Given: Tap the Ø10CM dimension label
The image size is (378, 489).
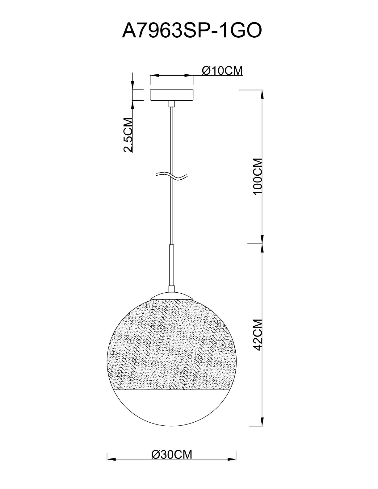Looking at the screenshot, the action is (222, 71).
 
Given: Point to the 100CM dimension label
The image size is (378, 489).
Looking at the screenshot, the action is (258, 177).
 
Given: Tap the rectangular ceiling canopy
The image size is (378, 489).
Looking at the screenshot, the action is (172, 95).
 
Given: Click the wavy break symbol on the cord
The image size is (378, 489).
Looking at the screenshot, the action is (172, 176).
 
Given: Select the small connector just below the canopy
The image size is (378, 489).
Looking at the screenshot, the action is (172, 103).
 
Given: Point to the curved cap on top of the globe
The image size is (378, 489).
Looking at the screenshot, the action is (172, 296).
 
